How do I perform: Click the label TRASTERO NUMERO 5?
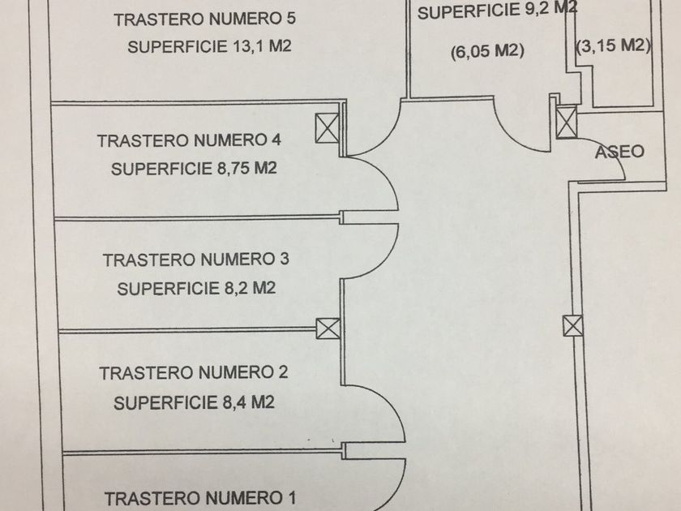click(x=206, y=19)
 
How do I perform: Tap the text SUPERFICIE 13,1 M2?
click(x=208, y=47)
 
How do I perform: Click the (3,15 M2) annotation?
click(x=614, y=46)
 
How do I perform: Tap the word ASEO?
click(x=619, y=152)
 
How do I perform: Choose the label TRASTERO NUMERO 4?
click(x=189, y=140)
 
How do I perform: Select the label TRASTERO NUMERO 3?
click(x=196, y=260)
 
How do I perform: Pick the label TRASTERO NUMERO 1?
click(x=202, y=497)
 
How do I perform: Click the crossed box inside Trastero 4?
click(x=327, y=127)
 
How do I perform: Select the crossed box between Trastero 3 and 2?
click(x=328, y=328)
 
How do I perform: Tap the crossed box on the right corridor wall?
click(x=572, y=326)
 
